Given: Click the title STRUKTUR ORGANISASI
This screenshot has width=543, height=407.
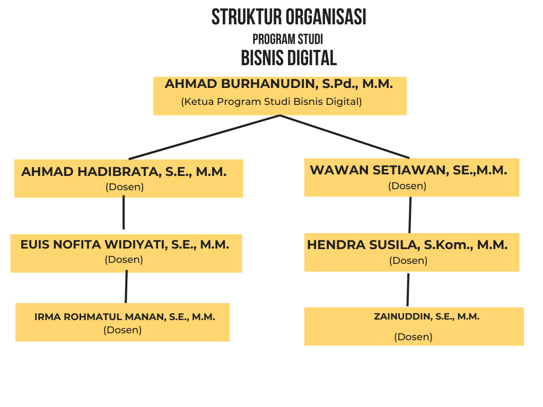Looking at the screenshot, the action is (x=289, y=17).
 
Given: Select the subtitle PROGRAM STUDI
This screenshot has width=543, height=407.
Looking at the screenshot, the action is (x=288, y=39).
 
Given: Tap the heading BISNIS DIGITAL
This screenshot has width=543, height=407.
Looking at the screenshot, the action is (x=289, y=58).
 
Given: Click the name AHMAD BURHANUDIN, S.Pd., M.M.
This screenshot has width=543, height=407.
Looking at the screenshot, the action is (x=279, y=84).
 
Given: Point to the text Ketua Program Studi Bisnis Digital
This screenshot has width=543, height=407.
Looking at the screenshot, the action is (x=271, y=102).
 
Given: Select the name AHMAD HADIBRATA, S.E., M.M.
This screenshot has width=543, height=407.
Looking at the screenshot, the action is (x=124, y=172).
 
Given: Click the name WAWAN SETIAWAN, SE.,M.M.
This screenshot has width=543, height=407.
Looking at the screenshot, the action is (x=409, y=170).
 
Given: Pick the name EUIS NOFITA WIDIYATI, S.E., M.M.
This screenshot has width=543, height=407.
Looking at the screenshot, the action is (x=125, y=245).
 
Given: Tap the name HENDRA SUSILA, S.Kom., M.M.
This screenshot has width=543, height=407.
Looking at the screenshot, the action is (x=407, y=245).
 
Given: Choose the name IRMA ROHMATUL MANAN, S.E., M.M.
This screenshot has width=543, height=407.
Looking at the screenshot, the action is (x=125, y=317).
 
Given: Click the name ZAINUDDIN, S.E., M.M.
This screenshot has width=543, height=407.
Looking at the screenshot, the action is (x=427, y=317).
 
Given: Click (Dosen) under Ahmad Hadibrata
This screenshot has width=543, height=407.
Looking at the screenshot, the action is (x=125, y=187).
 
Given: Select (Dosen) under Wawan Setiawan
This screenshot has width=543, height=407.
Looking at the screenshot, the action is (x=407, y=186).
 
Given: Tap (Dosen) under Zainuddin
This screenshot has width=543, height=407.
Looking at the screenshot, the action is (x=414, y=337).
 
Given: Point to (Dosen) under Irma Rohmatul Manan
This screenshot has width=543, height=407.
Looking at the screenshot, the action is (x=122, y=330).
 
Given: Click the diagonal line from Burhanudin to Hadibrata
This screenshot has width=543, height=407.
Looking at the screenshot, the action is (x=204, y=137).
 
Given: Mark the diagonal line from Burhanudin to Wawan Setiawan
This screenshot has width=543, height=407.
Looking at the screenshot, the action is (x=345, y=137).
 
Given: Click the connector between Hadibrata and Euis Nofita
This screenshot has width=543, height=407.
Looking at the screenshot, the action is (x=124, y=212).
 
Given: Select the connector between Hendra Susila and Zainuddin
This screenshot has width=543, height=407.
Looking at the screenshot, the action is (x=408, y=290).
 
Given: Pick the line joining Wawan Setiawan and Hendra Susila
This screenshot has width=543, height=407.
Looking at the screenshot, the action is (x=410, y=215).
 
